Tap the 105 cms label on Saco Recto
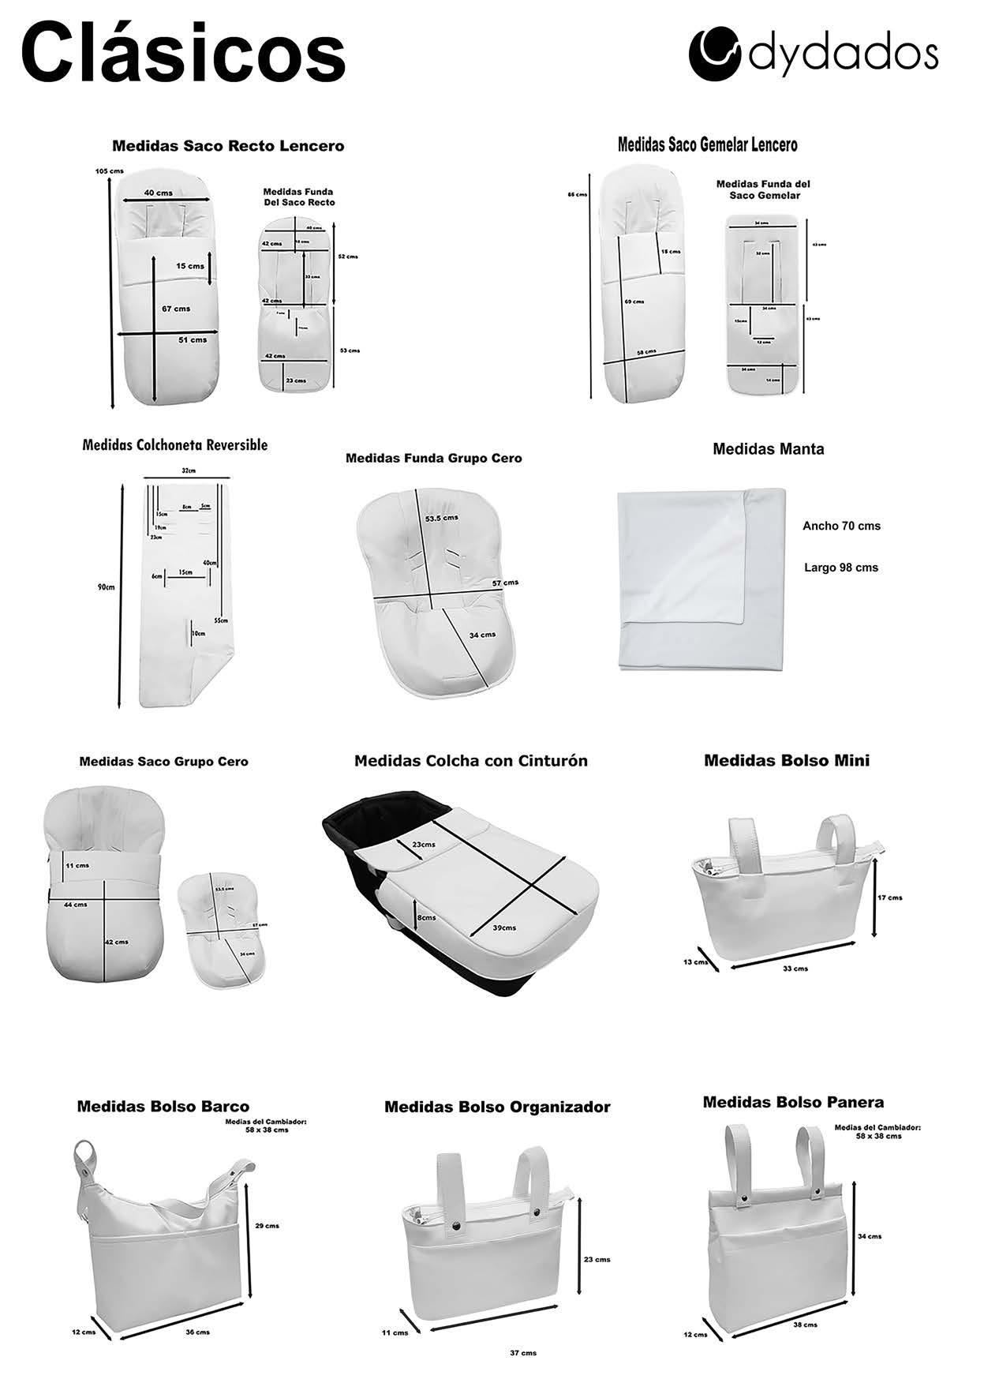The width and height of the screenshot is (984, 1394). click(109, 171)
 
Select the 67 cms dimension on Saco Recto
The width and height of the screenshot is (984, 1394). click(176, 308)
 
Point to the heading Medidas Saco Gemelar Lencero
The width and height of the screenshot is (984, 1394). click(707, 144)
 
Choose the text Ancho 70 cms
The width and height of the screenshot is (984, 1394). click(841, 526)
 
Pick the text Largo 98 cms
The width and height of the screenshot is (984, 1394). click(841, 568)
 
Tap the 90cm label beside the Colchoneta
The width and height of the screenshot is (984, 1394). click(106, 587)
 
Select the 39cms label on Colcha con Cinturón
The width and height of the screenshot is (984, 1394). click(503, 927)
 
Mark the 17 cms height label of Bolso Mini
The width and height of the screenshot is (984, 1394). click(889, 897)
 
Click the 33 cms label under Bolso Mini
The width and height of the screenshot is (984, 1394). click(795, 969)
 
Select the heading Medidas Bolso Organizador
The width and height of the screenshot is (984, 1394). click(497, 1107)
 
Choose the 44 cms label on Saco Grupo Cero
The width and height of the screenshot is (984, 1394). click(76, 905)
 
